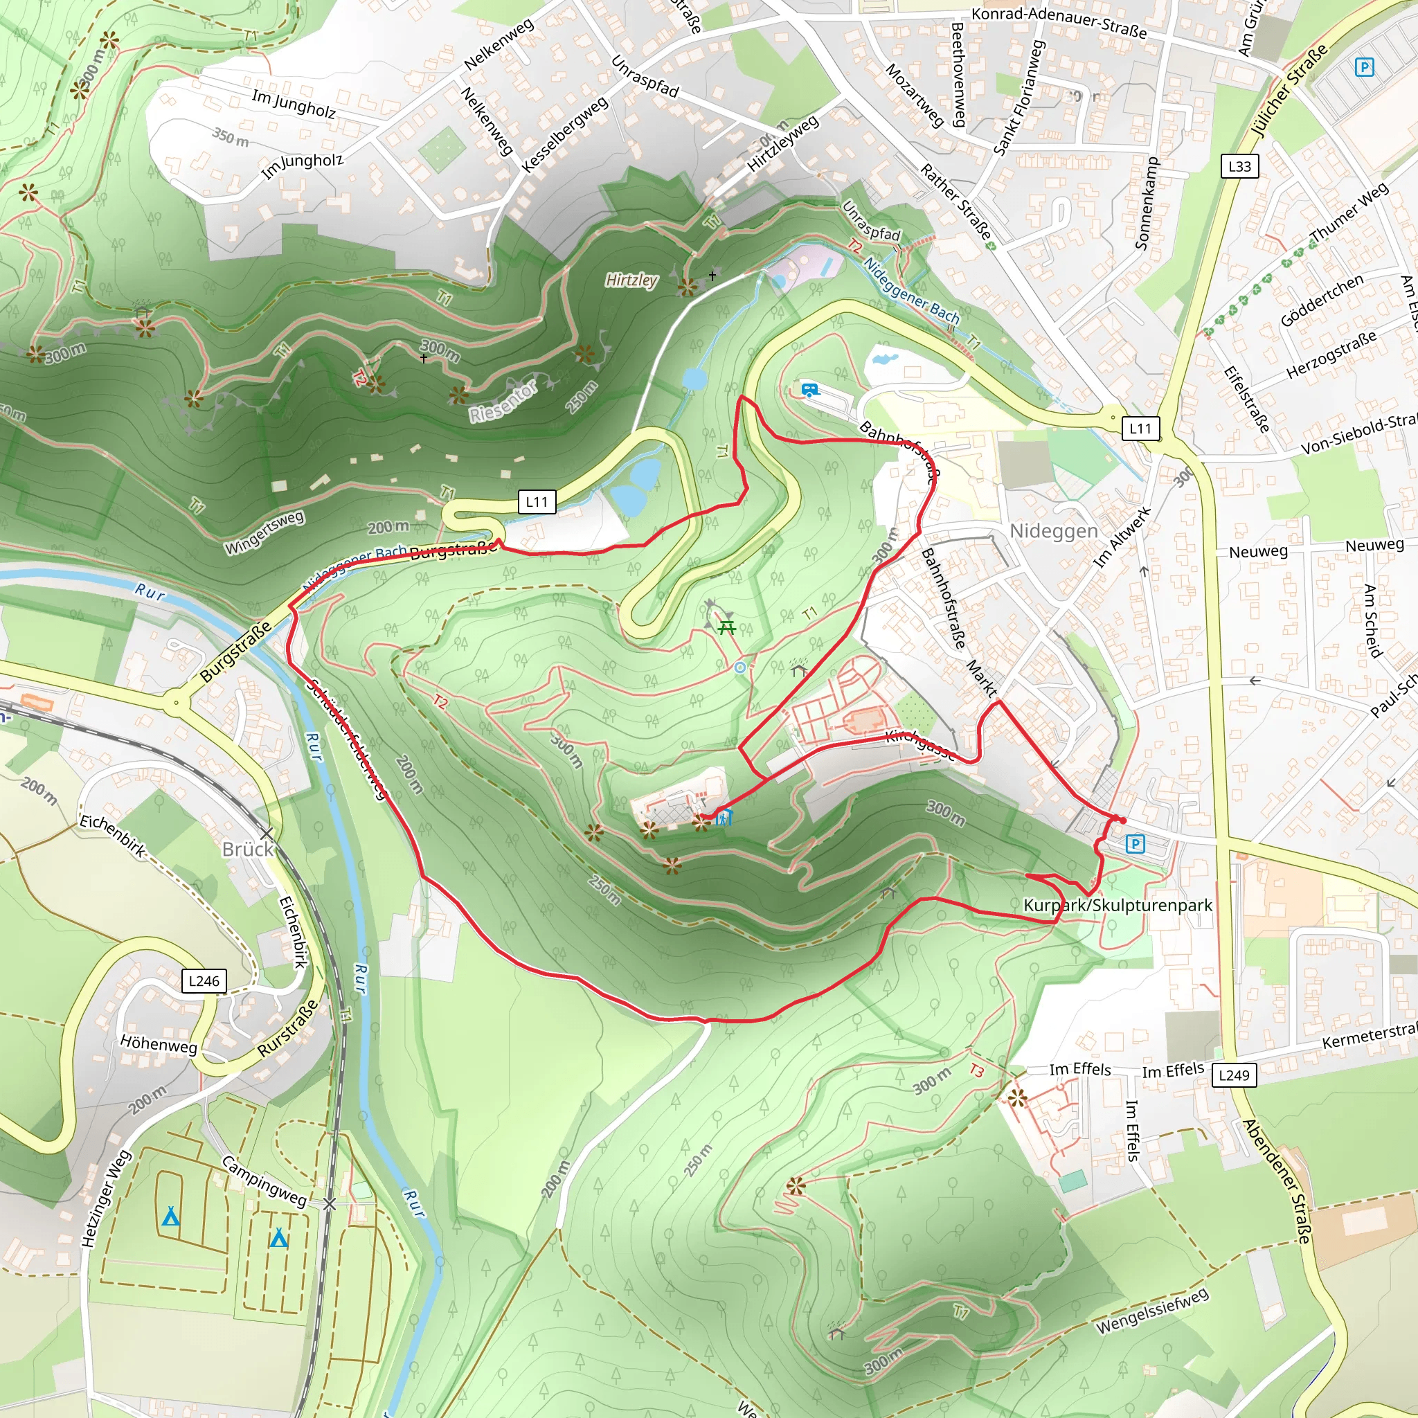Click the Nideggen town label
[1053, 530]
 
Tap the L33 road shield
[1239, 166]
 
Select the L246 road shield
[204, 980]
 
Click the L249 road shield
[1234, 1075]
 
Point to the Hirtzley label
[631, 280]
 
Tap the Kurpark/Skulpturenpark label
[1117, 905]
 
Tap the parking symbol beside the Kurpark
[1135, 844]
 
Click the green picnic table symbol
[726, 627]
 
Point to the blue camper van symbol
[809, 390]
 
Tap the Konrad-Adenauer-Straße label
[1059, 22]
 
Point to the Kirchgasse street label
[920, 746]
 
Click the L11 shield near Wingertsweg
[537, 502]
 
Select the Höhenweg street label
[159, 1043]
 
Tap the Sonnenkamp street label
[1147, 204]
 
